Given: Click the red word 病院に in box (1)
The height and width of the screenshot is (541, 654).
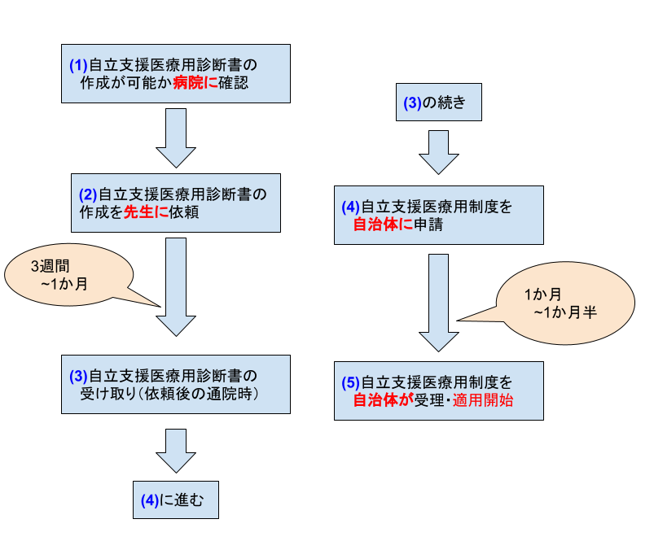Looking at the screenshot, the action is [195, 83].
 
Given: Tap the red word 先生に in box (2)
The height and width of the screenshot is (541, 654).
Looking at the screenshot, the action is [147, 212].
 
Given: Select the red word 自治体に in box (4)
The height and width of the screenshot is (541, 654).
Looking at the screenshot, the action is [383, 225].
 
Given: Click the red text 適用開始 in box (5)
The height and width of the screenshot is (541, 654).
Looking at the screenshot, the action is [483, 400].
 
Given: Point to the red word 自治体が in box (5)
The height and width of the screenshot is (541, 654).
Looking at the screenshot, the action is [383, 400].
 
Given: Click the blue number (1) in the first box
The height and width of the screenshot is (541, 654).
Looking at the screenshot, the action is [78, 65].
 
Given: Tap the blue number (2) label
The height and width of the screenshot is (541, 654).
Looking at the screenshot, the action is [88, 195].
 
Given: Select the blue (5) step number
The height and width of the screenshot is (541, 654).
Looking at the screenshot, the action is [350, 382].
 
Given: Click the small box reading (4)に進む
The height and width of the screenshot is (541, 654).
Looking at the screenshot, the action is [176, 500].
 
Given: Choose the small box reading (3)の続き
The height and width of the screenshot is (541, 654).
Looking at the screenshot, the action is [439, 102].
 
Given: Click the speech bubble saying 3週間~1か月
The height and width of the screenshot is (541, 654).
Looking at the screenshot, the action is [68, 275].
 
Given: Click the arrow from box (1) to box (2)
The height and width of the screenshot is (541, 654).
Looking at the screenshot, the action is [176, 138].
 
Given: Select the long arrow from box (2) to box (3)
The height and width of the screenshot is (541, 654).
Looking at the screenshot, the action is [176, 287].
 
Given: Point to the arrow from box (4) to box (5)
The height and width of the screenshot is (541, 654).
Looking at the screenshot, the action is [439, 303].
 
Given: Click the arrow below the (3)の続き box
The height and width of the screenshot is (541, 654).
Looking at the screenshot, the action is [439, 152].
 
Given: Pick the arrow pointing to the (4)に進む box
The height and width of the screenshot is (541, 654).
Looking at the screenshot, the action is [176, 451].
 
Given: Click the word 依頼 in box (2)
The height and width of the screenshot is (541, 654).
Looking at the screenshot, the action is [184, 212].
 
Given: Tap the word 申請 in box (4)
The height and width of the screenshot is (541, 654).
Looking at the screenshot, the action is [428, 225].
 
